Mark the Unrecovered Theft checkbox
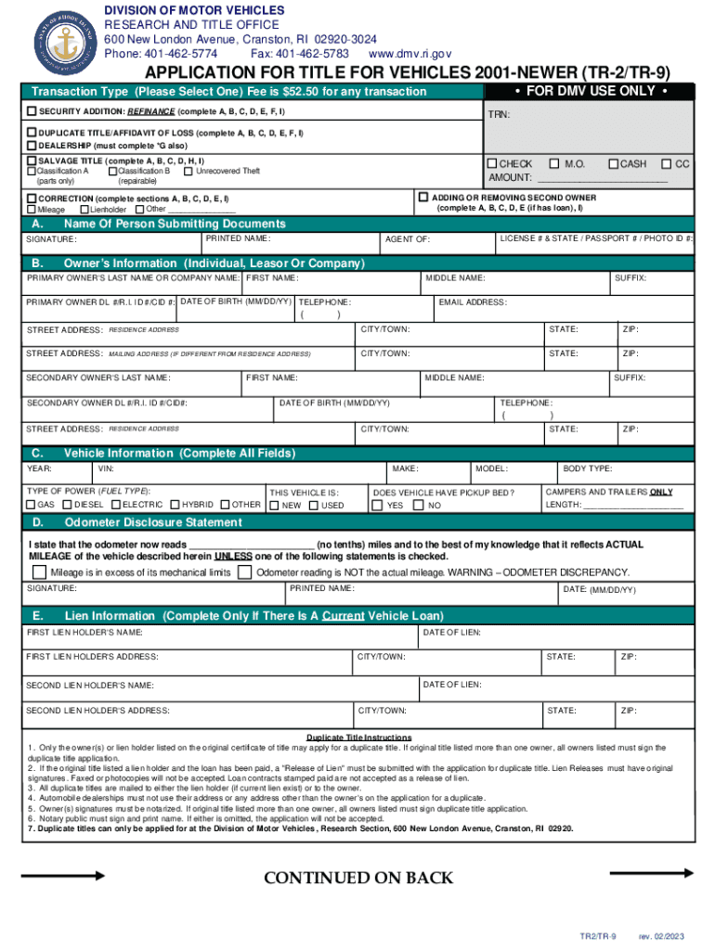click(188, 171)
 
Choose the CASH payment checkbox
click(613, 164)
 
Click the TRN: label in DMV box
click(499, 117)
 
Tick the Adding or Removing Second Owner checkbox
click(423, 198)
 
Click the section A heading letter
click(37, 225)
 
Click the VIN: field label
click(106, 469)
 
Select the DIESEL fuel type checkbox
click(67, 505)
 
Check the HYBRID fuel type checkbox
click(174, 505)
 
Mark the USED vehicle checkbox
click(313, 506)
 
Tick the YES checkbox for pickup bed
click(377, 506)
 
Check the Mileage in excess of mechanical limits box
click(40, 572)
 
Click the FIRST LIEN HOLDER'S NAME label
click(84, 633)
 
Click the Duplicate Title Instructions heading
click(358, 738)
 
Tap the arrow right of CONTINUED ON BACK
click(651, 873)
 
